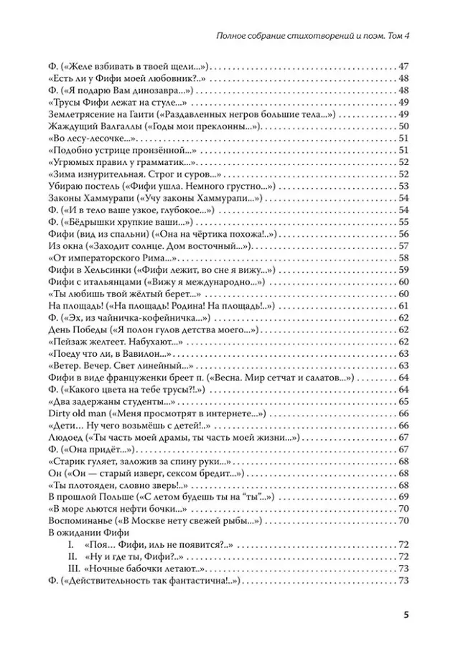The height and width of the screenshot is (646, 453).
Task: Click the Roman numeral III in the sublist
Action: click(x=72, y=568)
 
